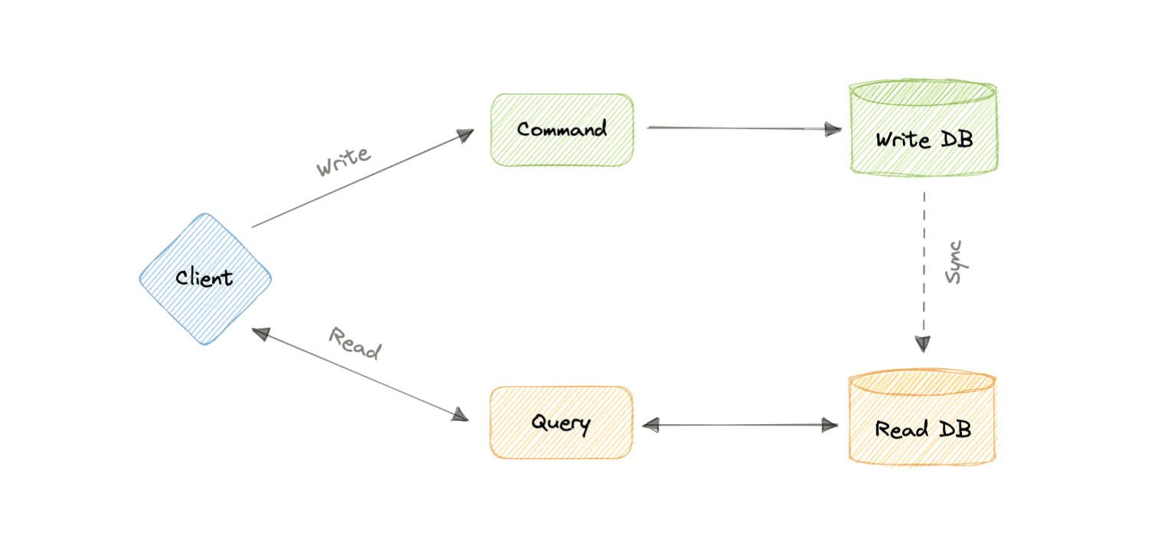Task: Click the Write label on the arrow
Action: pos(344,161)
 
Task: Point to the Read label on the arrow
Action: pos(355,343)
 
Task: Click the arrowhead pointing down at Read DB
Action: pos(924,344)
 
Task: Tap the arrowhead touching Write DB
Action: pos(833,129)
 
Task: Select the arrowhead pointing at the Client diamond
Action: pos(261,333)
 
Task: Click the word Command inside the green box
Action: pos(562,129)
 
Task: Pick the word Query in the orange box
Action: pos(561,423)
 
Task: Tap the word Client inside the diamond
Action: pos(204,277)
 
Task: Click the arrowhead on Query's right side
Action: pos(651,425)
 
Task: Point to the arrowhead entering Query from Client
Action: pos(460,417)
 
